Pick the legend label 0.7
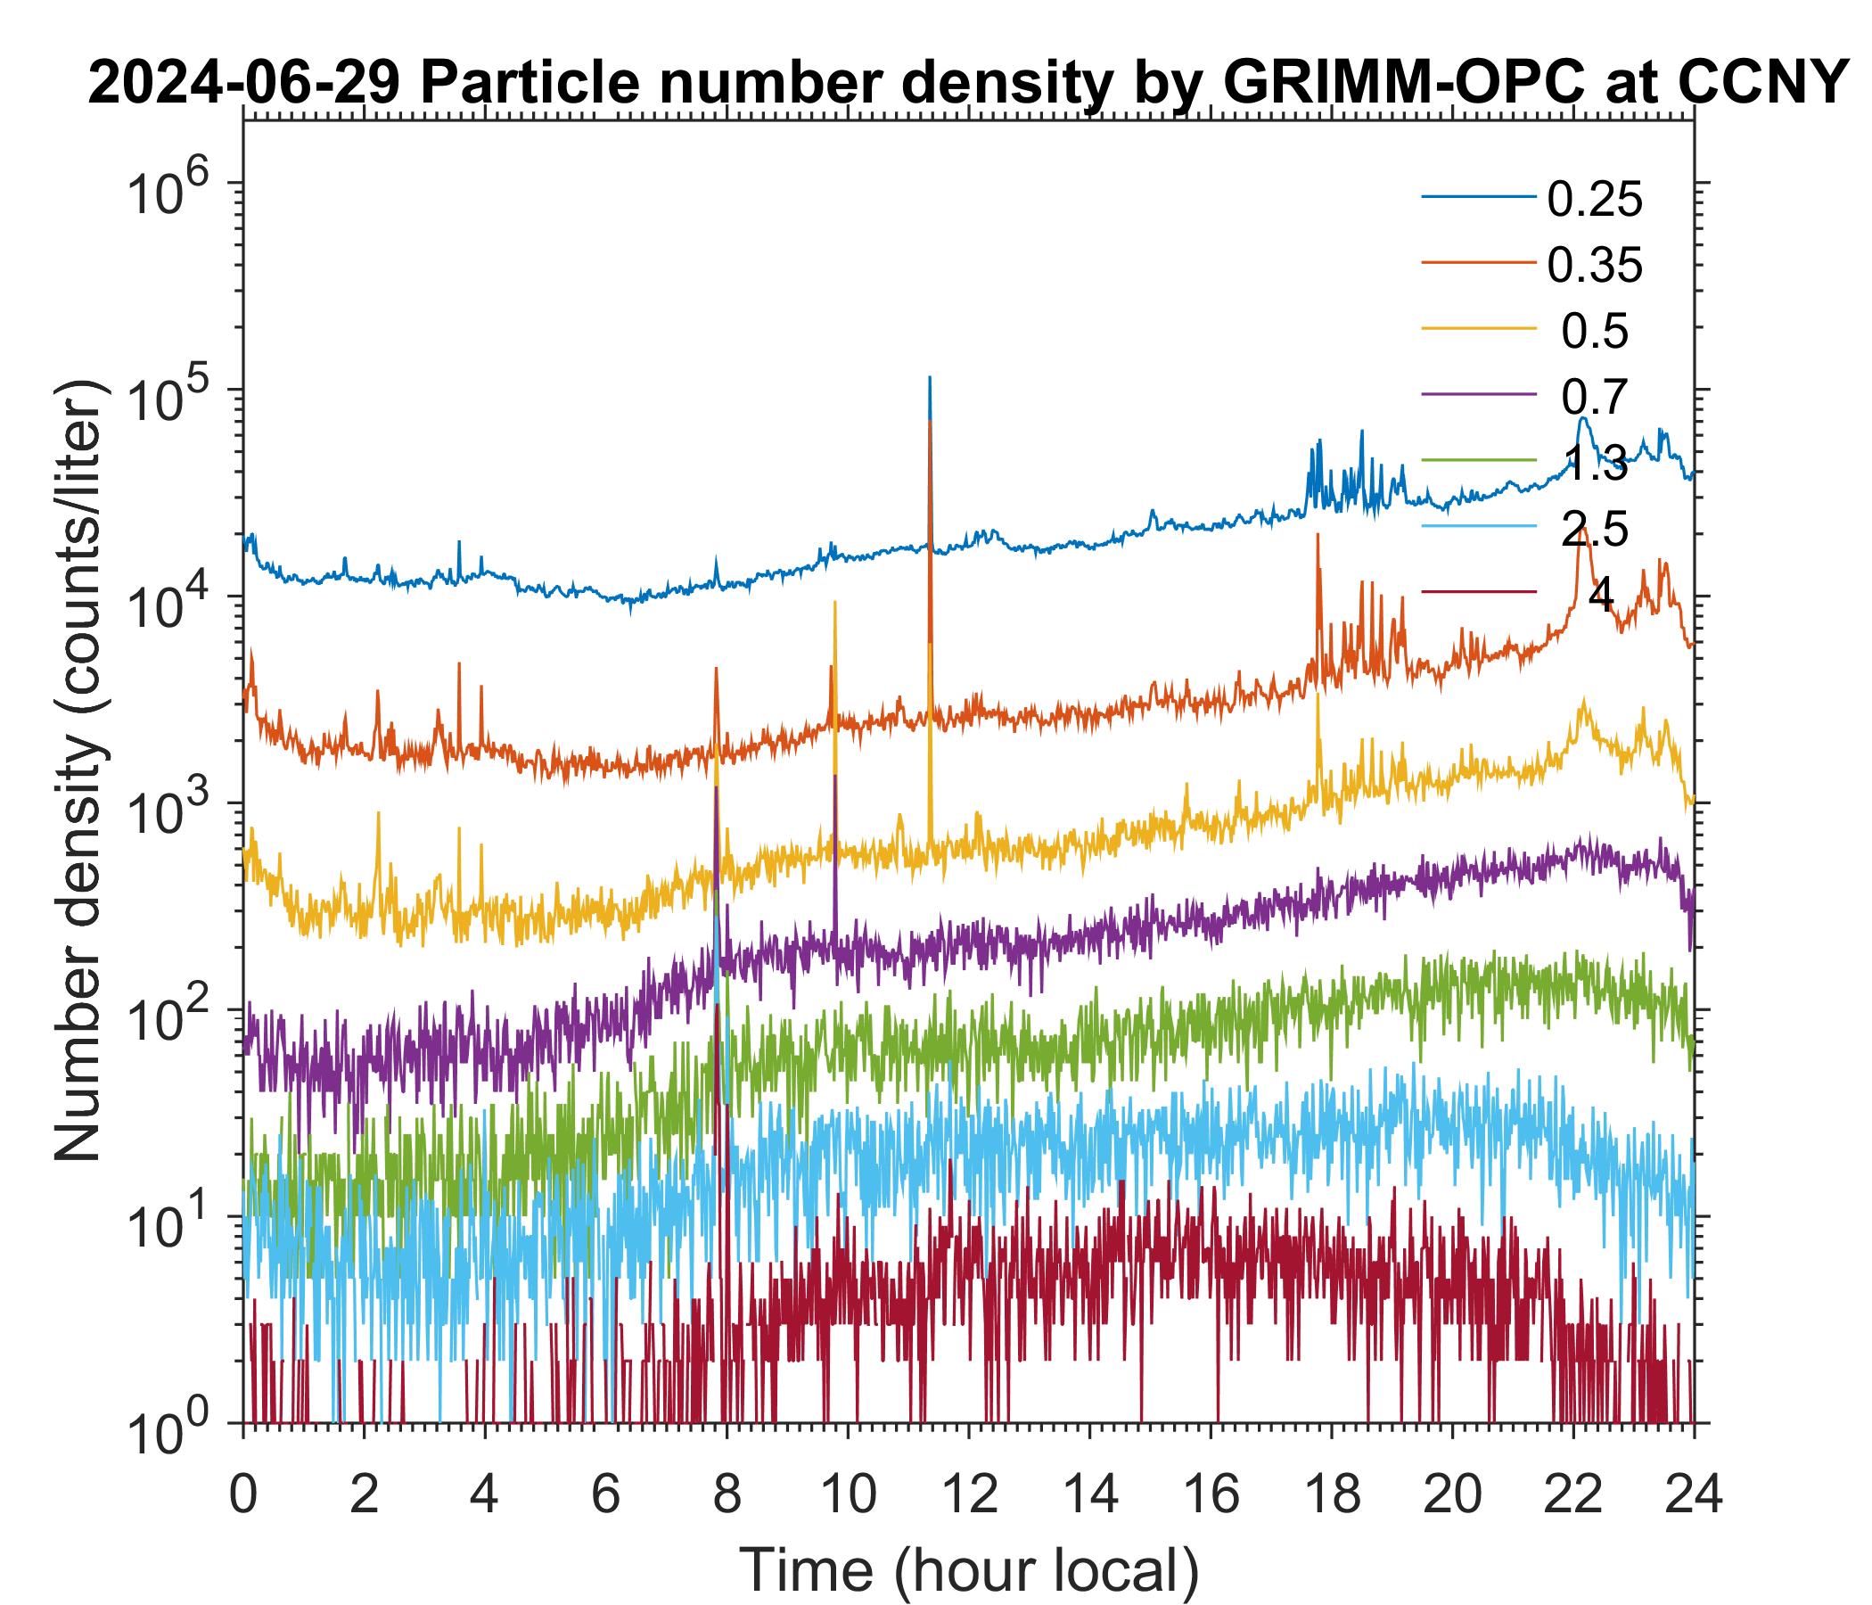click(x=1595, y=397)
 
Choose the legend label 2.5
click(x=1595, y=529)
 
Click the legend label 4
click(x=1600, y=596)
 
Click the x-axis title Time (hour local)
click(x=968, y=1569)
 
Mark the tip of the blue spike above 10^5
click(x=930, y=377)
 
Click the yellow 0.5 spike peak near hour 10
click(x=834, y=602)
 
